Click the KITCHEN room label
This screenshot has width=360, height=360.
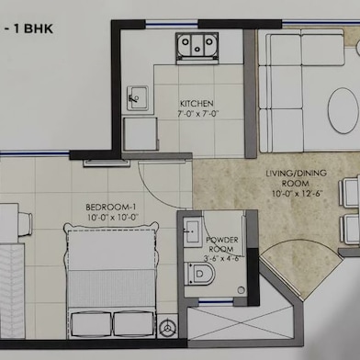click(197, 103)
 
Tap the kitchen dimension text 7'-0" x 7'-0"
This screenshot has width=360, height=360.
click(197, 114)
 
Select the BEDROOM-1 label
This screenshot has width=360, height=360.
click(111, 208)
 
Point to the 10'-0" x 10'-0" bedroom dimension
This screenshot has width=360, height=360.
click(112, 218)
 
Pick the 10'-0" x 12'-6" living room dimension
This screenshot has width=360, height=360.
click(298, 194)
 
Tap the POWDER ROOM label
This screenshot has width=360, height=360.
click(221, 244)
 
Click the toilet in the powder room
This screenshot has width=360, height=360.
click(199, 274)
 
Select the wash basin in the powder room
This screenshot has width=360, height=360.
click(193, 231)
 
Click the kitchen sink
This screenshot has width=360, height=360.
click(138, 98)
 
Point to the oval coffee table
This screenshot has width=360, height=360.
click(343, 110)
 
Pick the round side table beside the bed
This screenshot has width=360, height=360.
click(167, 328)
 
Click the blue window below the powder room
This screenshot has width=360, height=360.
click(216, 302)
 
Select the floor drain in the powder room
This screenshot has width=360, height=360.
click(242, 290)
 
